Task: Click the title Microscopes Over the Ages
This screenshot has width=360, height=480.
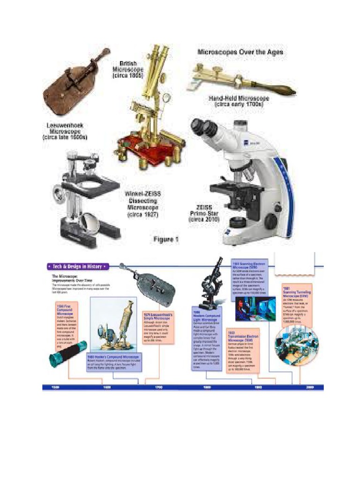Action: [240, 52]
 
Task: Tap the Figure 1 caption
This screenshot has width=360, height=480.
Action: [166, 240]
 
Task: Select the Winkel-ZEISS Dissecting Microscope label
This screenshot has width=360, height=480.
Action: [142, 203]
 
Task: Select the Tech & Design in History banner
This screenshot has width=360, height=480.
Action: [77, 266]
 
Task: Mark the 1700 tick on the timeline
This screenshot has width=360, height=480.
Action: [158, 388]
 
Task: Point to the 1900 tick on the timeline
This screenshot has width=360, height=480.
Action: [258, 388]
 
